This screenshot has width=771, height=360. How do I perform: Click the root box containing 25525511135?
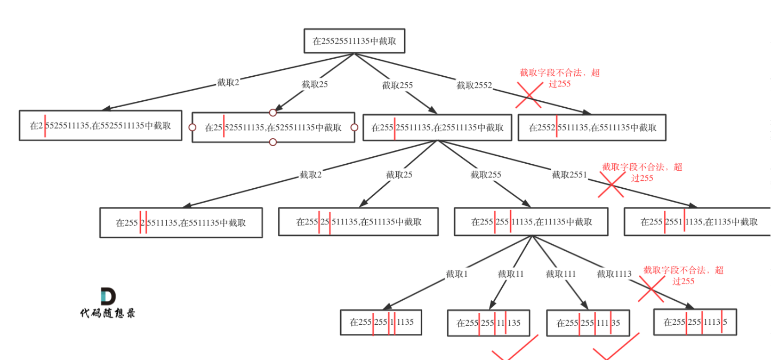(355, 41)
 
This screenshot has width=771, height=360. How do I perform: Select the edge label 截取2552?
(474, 85)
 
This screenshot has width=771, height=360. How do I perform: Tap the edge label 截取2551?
(569, 174)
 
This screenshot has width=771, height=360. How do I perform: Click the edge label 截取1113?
(614, 274)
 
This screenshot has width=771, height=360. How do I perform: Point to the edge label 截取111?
(561, 274)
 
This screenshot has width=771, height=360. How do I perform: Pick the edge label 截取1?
(457, 274)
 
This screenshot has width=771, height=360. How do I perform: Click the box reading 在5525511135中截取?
(100, 125)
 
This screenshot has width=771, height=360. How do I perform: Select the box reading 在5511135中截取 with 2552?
(592, 128)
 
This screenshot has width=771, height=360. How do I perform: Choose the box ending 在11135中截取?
(531, 222)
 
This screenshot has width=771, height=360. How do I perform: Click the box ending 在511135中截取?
(358, 222)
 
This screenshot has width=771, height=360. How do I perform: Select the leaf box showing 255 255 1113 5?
(695, 322)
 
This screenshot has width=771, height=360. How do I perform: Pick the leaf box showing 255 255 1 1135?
(381, 322)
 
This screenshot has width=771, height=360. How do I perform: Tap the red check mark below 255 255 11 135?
(513, 349)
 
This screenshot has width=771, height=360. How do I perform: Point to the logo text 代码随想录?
(108, 313)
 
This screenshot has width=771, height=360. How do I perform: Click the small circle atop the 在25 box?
(273, 113)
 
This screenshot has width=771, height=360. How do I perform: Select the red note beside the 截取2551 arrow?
(642, 172)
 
